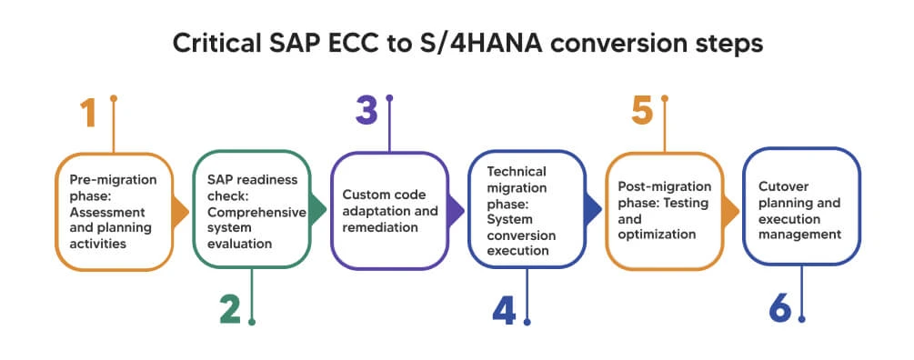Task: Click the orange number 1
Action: pyautogui.click(x=87, y=115)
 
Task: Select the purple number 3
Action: pyautogui.click(x=366, y=112)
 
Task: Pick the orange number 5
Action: pyautogui.click(x=642, y=112)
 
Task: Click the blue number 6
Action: pyautogui.click(x=779, y=309)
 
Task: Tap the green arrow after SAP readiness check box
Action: pyautogui.click(x=317, y=212)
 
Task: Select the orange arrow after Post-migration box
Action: pyautogui.click(x=729, y=212)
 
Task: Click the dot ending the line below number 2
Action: pyautogui.click(x=252, y=321)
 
